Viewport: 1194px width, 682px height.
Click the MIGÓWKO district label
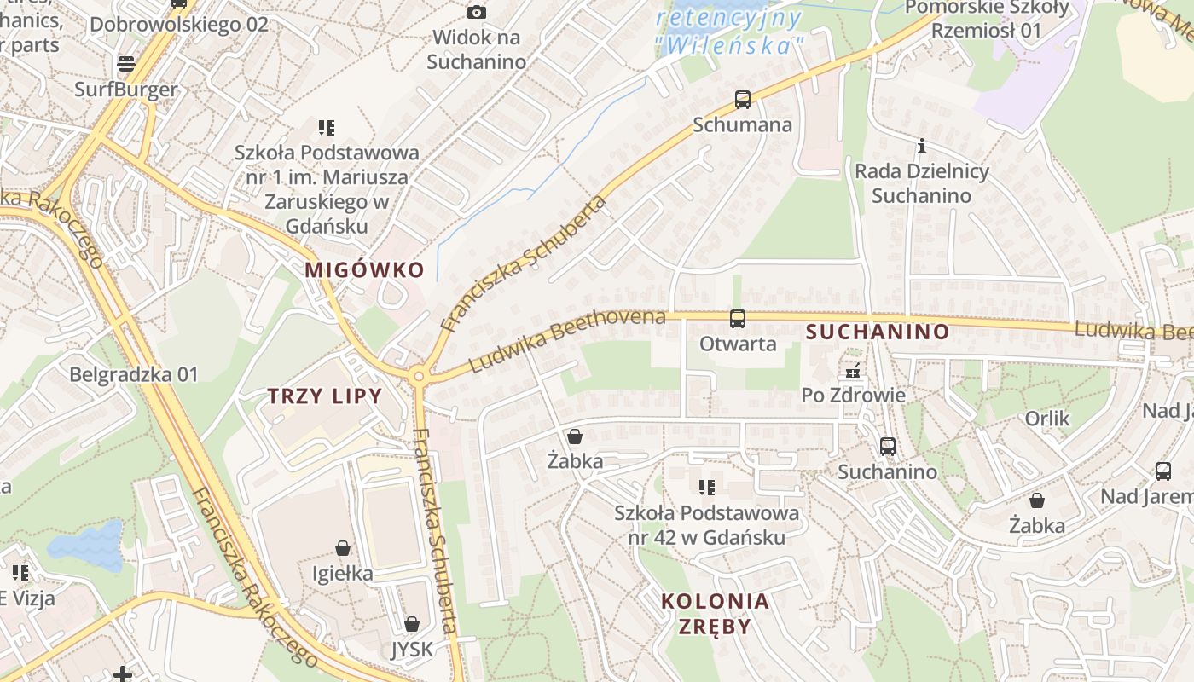pos(364,270)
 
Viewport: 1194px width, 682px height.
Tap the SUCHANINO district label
pos(878,332)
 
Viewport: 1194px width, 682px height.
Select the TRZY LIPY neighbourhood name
pos(325,396)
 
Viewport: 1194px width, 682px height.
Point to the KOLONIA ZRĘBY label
pos(715,614)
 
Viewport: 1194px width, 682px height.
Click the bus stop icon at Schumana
pos(743,100)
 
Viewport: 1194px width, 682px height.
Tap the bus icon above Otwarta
pos(738,319)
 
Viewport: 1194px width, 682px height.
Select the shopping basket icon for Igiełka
pos(343,547)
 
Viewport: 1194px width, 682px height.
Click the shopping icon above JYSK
pos(412,624)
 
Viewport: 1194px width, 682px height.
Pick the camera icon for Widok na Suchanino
pos(477,12)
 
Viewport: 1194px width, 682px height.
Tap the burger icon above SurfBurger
pos(126,64)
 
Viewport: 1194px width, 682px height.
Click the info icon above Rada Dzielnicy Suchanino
pos(921,147)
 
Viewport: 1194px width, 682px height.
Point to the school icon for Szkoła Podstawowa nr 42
pos(707,488)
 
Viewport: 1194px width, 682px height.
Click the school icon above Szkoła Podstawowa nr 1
pos(327,128)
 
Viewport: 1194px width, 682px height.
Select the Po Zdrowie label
pos(853,396)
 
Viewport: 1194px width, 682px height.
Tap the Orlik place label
pos(1047,419)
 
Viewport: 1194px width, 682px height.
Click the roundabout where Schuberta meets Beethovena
pos(417,375)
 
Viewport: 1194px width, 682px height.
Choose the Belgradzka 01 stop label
pos(133,374)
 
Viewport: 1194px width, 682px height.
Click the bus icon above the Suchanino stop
pos(888,446)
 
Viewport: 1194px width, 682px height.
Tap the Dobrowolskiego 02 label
pos(178,24)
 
